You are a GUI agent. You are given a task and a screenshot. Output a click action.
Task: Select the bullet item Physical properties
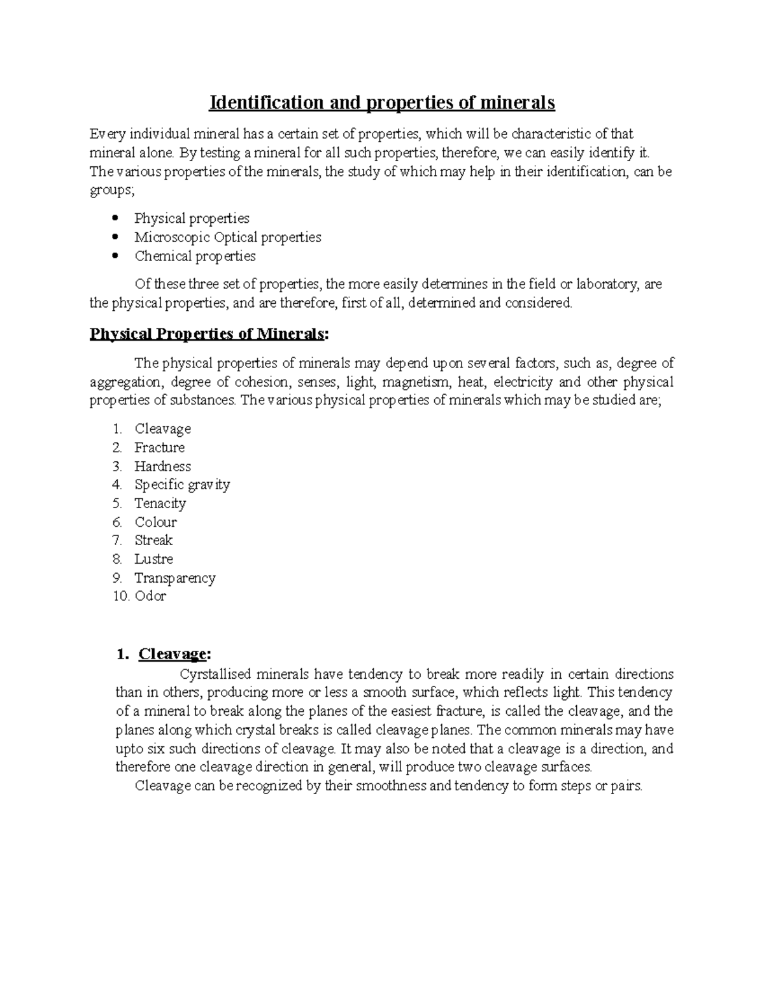pyautogui.click(x=192, y=218)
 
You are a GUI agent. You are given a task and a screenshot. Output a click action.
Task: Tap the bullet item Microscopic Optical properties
pyautogui.click(x=227, y=238)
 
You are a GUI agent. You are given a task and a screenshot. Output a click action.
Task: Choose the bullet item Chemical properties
pyautogui.click(x=195, y=256)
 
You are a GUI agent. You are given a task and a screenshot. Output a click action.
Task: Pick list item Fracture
pyautogui.click(x=159, y=448)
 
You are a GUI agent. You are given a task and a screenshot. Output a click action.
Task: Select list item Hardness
pyautogui.click(x=162, y=466)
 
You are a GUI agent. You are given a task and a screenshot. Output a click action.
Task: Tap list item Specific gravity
pyautogui.click(x=182, y=485)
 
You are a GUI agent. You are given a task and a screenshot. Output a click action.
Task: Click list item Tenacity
pyautogui.click(x=160, y=503)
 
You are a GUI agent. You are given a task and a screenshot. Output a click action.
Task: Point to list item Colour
pyautogui.click(x=155, y=522)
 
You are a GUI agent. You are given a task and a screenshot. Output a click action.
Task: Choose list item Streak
pyautogui.click(x=153, y=541)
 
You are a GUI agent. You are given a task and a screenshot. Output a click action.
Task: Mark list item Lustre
pyautogui.click(x=153, y=559)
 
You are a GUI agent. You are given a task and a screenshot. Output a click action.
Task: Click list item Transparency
pyautogui.click(x=174, y=578)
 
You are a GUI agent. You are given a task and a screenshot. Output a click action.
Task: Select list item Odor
pyautogui.click(x=150, y=597)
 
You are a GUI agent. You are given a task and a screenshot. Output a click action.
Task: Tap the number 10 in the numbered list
pyautogui.click(x=120, y=597)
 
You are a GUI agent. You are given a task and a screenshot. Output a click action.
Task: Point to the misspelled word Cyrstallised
pyautogui.click(x=216, y=674)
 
